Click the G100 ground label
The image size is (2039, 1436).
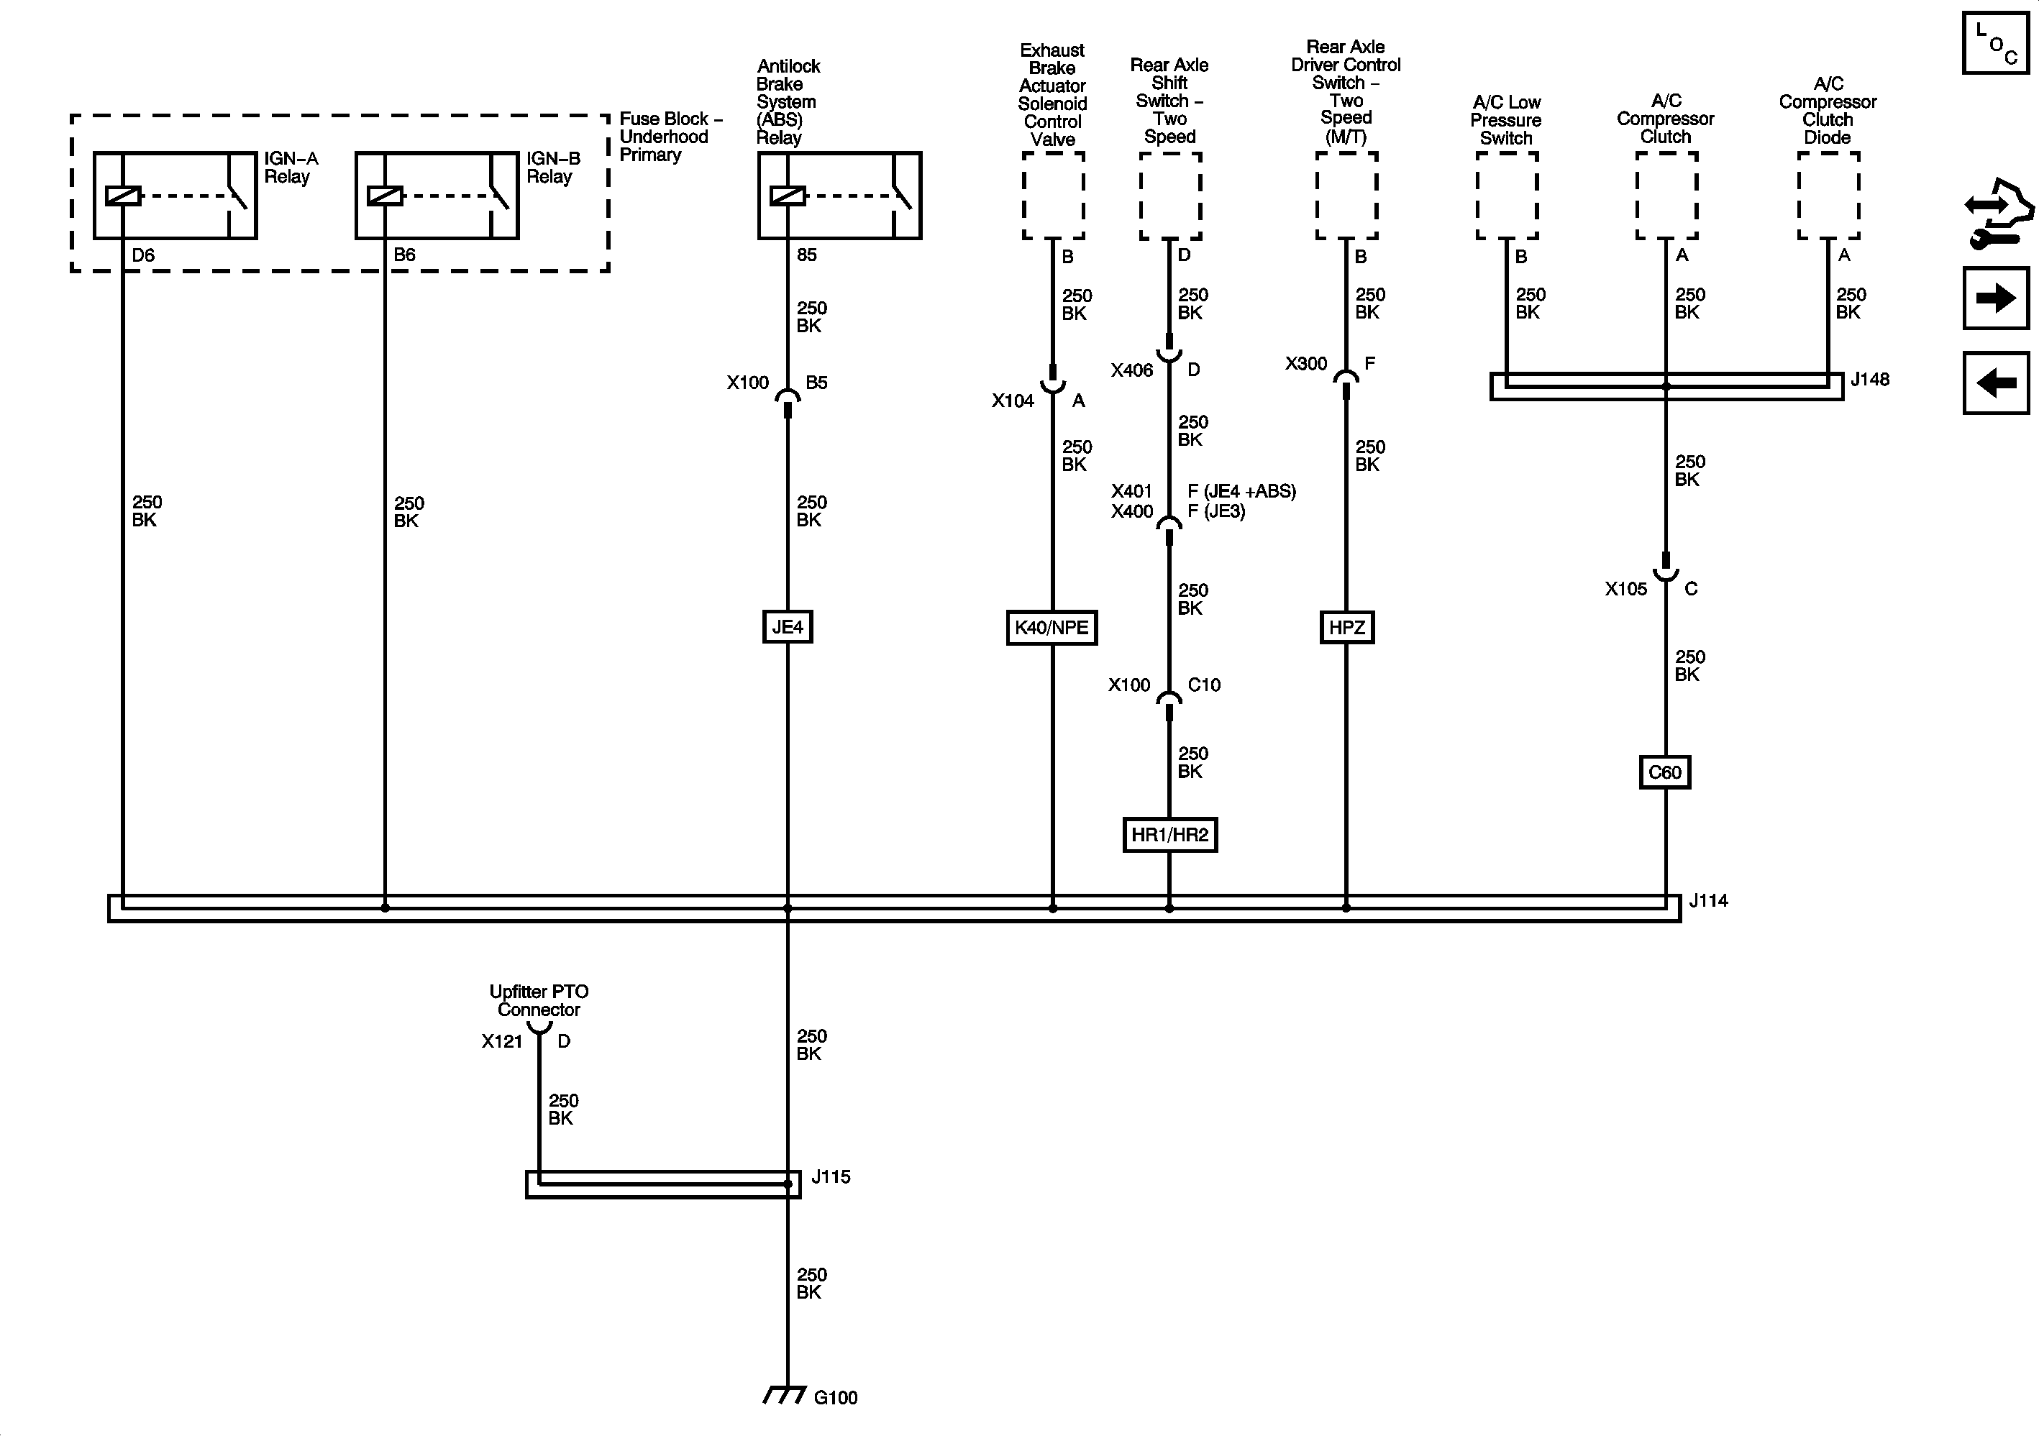point(835,1398)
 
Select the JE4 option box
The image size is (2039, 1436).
point(788,627)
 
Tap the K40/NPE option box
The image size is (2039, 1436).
point(1052,628)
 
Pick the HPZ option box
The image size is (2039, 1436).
point(1346,628)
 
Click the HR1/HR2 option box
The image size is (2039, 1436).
point(1169,835)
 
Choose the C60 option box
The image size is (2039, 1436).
point(1664,772)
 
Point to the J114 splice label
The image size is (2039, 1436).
point(1707,900)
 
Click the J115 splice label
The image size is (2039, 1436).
point(830,1176)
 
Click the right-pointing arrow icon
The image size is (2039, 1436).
point(1995,298)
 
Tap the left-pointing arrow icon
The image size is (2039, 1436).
point(1995,383)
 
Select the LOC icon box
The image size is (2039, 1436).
point(1994,42)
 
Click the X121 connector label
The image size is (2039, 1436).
point(502,1041)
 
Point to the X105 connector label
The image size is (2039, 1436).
point(1625,589)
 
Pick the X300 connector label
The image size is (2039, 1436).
point(1305,364)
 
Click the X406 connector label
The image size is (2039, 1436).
point(1131,370)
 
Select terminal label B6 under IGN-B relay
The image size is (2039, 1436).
point(404,255)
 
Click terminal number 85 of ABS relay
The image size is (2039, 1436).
point(806,255)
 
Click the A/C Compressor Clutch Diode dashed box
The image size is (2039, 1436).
point(1828,196)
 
